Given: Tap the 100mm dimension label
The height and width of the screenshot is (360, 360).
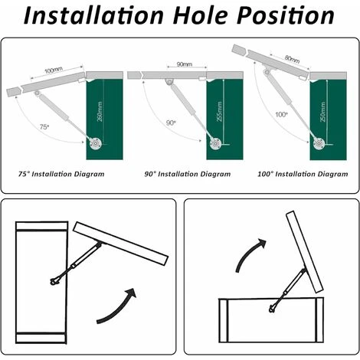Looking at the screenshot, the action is tap(54, 70).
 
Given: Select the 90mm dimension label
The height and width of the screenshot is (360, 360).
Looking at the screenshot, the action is tap(185, 64).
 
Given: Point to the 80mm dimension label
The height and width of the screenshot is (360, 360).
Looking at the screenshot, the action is tap(292, 59).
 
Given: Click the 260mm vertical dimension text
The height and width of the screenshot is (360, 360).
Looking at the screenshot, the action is tap(100, 112).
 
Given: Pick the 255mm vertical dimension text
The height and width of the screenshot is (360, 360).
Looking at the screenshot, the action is tap(220, 111).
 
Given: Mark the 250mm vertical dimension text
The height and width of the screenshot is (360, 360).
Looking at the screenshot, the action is tap(323, 112).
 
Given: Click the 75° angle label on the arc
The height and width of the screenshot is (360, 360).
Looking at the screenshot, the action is tap(44, 126).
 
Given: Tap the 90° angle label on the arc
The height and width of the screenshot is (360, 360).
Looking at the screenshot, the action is tap(171, 123).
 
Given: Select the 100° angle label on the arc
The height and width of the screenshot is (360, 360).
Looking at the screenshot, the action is tap(281, 114).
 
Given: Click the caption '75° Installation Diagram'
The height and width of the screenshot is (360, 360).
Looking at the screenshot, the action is tap(61, 174).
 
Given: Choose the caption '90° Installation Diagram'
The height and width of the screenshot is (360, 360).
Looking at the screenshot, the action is tap(188, 174).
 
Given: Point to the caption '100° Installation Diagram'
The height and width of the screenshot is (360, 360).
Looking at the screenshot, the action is tap(303, 174).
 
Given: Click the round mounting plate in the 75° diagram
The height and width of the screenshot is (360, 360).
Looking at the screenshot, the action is tap(96, 144).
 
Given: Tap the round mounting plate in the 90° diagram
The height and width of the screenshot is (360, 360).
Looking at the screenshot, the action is tap(215, 144).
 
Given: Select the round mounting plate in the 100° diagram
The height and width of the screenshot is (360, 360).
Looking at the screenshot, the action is tap(319, 144).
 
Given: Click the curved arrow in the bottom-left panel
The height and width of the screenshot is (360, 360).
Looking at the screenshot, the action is tap(118, 309).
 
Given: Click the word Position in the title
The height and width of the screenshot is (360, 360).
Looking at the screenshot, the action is tap(286, 15).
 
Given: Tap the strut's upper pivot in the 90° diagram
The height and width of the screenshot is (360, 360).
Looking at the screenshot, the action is tap(169, 82).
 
